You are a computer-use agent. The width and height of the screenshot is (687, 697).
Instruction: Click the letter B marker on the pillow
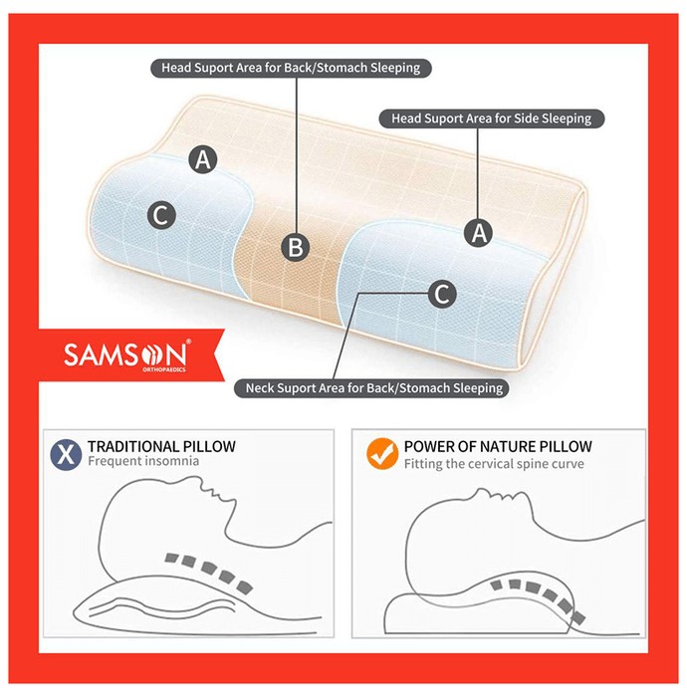(296, 247)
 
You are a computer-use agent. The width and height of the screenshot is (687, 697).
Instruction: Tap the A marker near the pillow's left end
(203, 159)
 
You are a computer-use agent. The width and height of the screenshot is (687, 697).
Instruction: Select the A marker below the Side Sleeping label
(479, 232)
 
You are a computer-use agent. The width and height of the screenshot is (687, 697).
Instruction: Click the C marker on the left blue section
(161, 215)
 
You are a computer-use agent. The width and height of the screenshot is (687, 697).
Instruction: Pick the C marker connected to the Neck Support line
(442, 294)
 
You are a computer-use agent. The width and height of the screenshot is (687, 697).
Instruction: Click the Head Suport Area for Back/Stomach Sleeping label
(291, 68)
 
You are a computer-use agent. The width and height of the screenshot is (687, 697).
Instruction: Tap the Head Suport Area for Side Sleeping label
(492, 118)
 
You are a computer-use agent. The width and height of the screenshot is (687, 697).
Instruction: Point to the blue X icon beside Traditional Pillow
(66, 454)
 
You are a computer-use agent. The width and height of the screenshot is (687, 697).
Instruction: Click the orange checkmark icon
(382, 453)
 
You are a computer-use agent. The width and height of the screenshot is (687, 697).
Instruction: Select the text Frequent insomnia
(143, 461)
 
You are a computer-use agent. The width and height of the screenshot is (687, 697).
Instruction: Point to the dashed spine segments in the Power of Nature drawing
(538, 597)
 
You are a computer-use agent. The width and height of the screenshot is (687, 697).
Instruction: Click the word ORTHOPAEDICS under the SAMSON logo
(164, 369)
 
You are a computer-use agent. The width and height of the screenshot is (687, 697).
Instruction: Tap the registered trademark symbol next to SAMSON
(188, 342)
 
